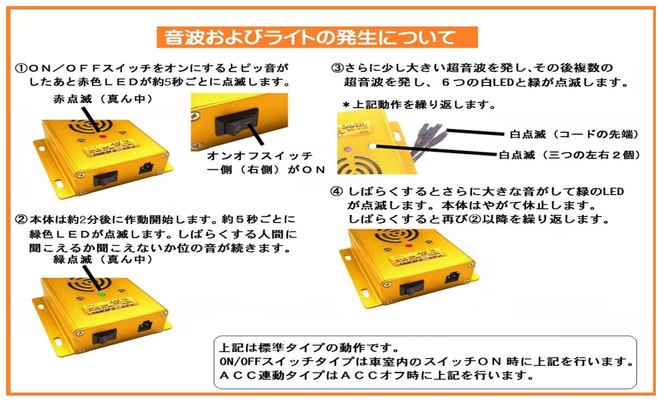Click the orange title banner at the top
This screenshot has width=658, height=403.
(317, 37)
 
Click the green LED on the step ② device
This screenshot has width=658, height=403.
(101, 295)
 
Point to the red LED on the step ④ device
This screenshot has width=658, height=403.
(408, 246)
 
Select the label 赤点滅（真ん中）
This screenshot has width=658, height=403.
(103, 99)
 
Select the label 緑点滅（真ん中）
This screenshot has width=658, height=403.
(103, 259)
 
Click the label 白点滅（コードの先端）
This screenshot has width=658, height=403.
(574, 134)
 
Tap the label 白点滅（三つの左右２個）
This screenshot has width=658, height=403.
(569, 155)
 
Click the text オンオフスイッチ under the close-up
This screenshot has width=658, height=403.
(260, 156)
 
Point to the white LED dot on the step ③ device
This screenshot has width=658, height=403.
(372, 146)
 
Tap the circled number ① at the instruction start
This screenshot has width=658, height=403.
(21, 68)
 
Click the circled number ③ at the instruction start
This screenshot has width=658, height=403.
(337, 68)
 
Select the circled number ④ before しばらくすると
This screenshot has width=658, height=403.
(336, 192)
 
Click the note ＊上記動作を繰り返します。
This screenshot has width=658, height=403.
(419, 105)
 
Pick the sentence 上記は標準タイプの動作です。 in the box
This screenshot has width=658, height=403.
(309, 348)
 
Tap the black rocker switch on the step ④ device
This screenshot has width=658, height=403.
(411, 287)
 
